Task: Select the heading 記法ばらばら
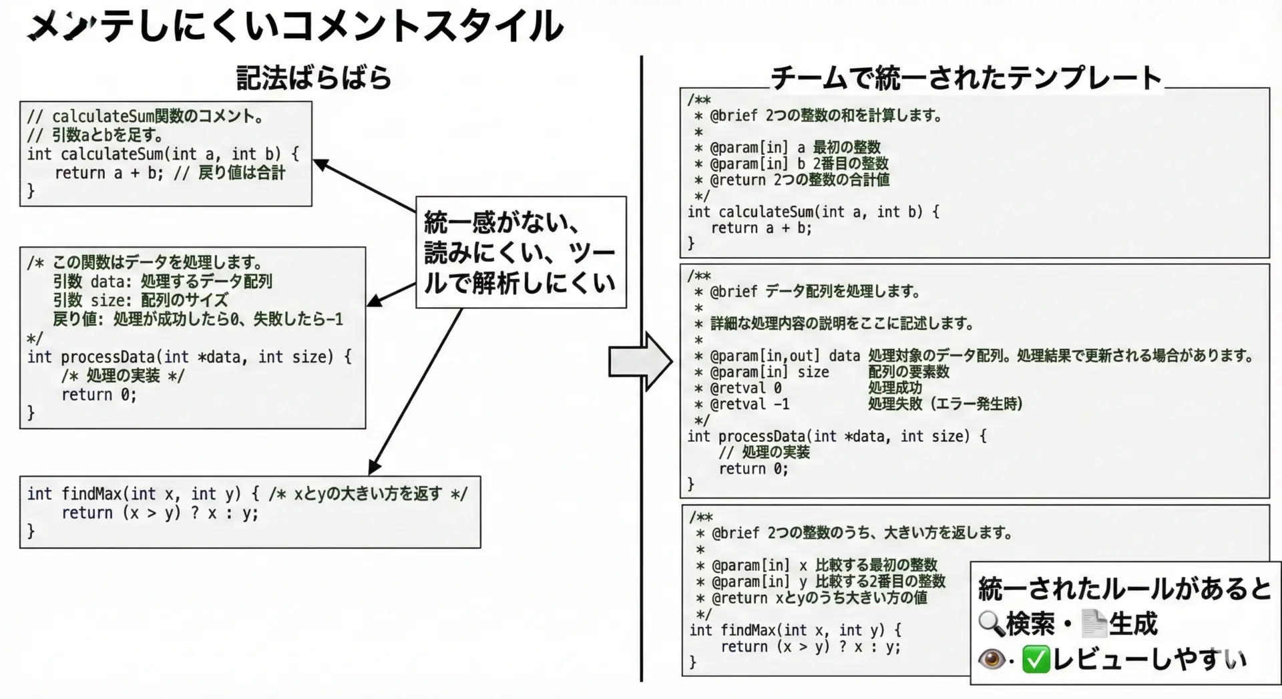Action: pyautogui.click(x=314, y=79)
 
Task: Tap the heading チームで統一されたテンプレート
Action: pyautogui.click(x=966, y=79)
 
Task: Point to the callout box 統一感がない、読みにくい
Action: pyautogui.click(x=520, y=252)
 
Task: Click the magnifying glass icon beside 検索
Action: pyautogui.click(x=991, y=624)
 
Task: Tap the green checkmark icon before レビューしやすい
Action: pyautogui.click(x=1036, y=660)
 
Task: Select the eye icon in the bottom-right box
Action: pyautogui.click(x=992, y=660)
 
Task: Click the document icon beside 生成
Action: pyautogui.click(x=1094, y=624)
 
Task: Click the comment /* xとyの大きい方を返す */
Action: pyautogui.click(x=368, y=494)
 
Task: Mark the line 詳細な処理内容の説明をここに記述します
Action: pyautogui.click(x=841, y=324)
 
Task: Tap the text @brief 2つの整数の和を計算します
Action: pyautogui.click(x=826, y=115)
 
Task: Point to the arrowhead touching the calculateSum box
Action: pyautogui.click(x=320, y=164)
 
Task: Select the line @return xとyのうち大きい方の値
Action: pyautogui.click(x=819, y=598)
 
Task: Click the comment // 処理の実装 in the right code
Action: pyautogui.click(x=764, y=453)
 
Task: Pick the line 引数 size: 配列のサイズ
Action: pyautogui.click(x=141, y=300)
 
